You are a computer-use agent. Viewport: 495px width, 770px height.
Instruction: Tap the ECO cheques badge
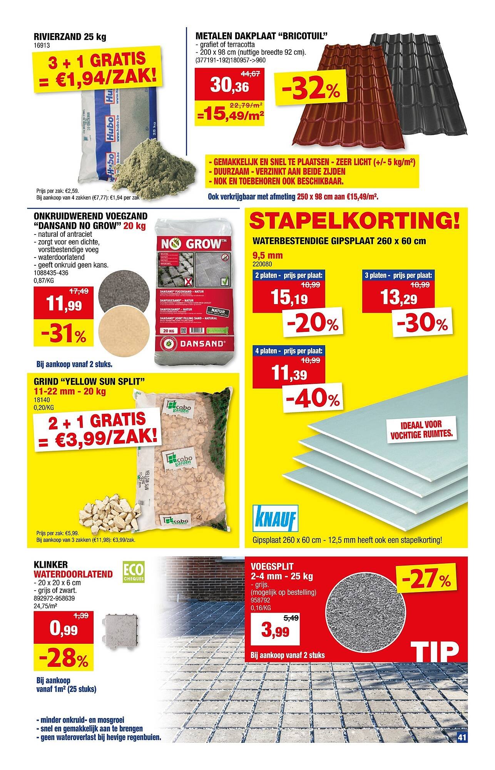[133, 573]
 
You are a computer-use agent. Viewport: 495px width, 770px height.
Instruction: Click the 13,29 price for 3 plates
[399, 297]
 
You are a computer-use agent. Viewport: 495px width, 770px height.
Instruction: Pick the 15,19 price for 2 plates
[289, 297]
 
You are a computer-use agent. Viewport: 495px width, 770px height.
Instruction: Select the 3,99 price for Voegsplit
[275, 631]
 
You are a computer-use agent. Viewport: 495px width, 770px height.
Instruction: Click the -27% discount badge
[426, 579]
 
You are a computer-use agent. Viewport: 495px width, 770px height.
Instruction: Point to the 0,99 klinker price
[63, 630]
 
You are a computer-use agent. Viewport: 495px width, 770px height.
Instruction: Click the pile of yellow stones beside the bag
[109, 512]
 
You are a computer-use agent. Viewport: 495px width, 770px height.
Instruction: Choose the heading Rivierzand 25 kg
[70, 37]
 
